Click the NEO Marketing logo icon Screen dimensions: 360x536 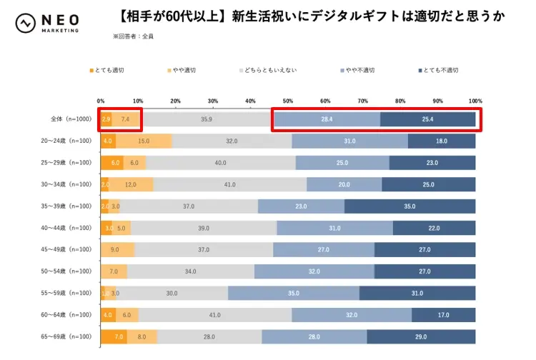(x=25, y=22)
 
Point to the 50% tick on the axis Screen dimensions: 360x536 (x=288, y=101)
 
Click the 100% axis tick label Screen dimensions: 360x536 (x=475, y=101)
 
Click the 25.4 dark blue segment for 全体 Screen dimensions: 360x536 (x=427, y=119)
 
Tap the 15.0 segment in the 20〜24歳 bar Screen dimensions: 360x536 (x=144, y=141)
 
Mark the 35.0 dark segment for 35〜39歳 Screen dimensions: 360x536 (x=410, y=206)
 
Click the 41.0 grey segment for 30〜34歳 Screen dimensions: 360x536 (x=230, y=185)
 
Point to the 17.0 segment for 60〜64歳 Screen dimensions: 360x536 (x=443, y=315)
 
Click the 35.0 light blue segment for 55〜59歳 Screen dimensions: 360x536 (x=293, y=294)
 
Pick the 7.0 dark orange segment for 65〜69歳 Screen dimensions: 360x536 (x=114, y=336)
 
